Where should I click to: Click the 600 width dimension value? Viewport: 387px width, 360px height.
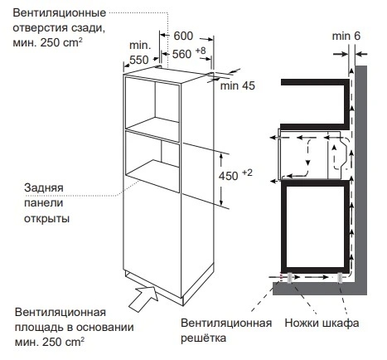(183, 36)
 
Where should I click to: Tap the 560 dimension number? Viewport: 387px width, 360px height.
(181, 54)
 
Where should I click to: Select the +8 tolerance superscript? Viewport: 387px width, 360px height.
(201, 51)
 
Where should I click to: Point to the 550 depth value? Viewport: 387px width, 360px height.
(139, 60)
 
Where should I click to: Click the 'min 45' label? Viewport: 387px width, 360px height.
(237, 85)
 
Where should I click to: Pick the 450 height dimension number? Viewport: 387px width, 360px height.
(229, 176)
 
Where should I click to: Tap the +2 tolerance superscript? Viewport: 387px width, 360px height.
(247, 173)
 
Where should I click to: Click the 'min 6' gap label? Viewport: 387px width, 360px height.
(346, 36)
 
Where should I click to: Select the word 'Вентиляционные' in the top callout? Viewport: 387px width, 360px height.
(60, 13)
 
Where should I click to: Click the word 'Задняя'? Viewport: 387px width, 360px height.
(44, 187)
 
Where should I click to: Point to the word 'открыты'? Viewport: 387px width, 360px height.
(46, 219)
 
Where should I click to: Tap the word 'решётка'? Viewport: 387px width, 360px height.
(203, 338)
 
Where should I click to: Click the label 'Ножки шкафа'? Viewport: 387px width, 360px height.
(322, 323)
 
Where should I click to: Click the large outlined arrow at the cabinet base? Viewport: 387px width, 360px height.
(143, 299)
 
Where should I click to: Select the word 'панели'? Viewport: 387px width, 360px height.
(44, 203)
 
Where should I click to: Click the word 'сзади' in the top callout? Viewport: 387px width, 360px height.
(89, 28)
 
